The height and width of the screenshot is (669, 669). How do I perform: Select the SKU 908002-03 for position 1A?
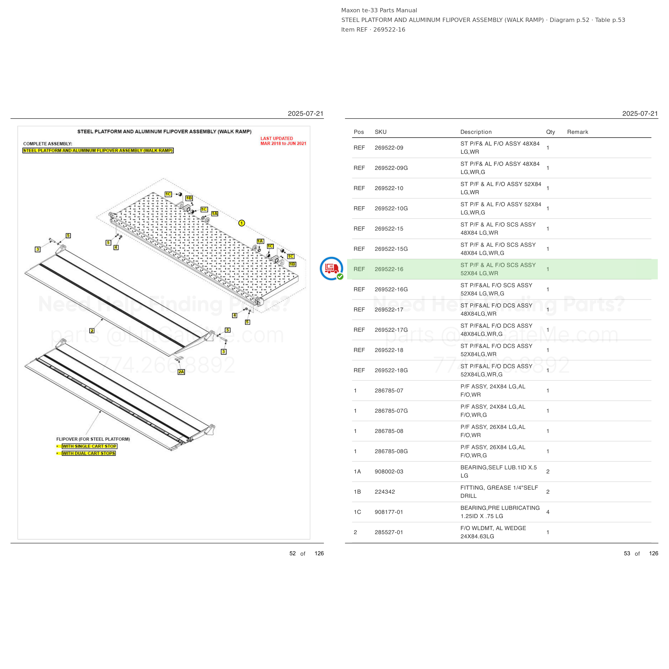[x=389, y=472]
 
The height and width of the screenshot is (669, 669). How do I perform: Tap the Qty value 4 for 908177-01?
[x=548, y=512]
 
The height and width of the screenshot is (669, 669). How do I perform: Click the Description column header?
[x=476, y=132]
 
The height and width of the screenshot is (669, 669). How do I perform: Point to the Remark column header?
[x=577, y=132]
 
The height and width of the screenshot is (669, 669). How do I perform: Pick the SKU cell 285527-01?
[x=389, y=532]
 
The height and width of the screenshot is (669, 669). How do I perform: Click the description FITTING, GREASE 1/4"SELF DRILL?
[x=499, y=492]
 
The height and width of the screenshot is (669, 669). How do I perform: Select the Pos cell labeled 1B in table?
[x=357, y=492]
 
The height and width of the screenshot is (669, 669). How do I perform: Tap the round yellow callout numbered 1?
[x=242, y=223]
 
